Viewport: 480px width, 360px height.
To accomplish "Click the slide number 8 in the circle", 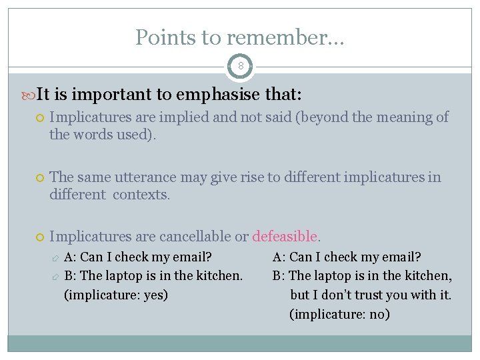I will [240, 67].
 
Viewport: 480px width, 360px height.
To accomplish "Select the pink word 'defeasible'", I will [286, 237].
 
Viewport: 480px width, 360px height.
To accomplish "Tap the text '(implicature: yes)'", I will [116, 294].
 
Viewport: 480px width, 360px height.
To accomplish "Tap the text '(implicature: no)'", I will [339, 314].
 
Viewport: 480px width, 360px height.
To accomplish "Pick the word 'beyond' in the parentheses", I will [325, 117].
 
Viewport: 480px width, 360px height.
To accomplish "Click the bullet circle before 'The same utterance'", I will [39, 178].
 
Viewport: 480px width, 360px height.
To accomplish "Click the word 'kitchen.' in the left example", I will [220, 275].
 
